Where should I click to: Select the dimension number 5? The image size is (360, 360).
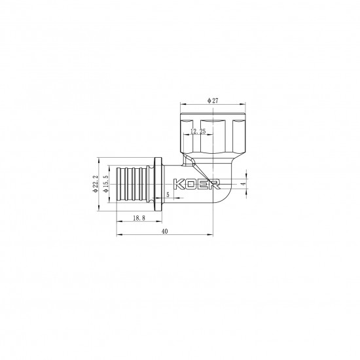point(168,194)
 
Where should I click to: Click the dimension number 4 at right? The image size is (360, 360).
point(245,185)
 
